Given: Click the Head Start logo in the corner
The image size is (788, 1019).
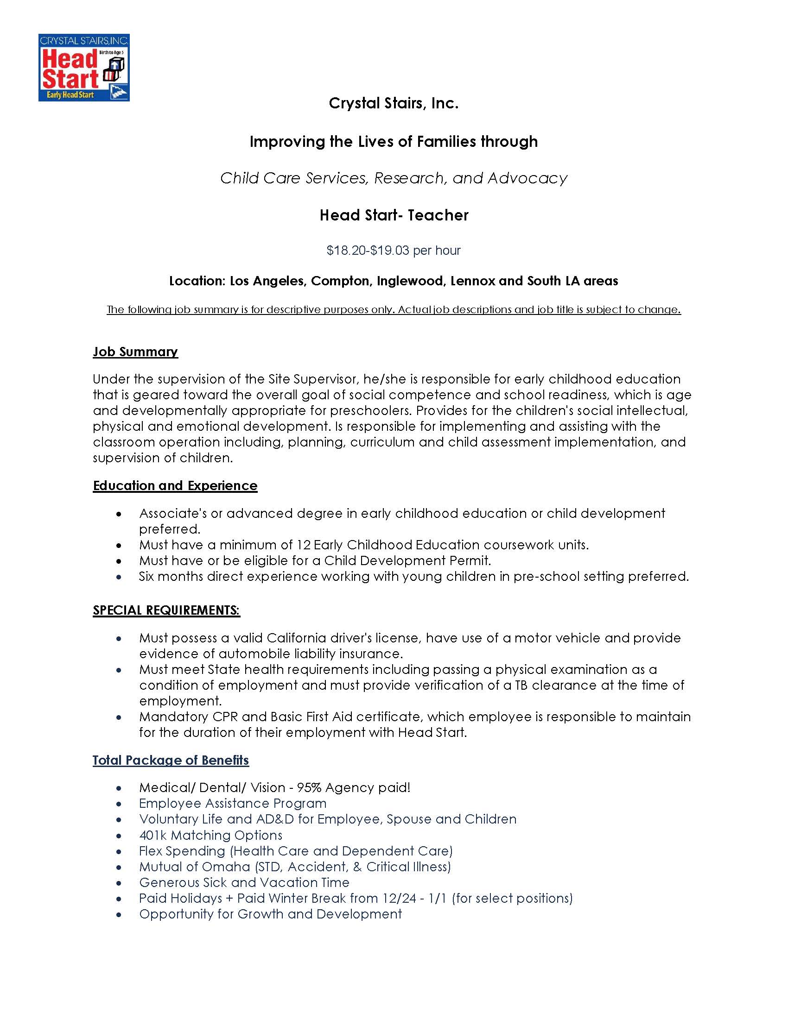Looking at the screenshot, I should (84, 67).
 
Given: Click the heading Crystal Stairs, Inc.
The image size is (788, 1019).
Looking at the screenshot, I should (394, 103).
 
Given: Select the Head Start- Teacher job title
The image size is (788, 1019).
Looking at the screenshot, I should (394, 215).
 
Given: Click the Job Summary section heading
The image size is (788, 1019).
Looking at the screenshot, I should (135, 352).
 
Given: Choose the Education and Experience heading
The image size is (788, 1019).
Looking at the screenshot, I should (175, 486).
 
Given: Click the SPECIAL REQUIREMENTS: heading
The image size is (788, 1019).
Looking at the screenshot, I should (166, 610).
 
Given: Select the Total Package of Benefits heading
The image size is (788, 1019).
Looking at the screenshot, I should (171, 760).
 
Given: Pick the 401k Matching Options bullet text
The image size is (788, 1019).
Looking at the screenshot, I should (210, 835).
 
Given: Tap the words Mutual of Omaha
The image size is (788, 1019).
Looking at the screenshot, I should (195, 867).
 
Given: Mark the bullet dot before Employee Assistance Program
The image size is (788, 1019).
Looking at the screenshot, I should (120, 805).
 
